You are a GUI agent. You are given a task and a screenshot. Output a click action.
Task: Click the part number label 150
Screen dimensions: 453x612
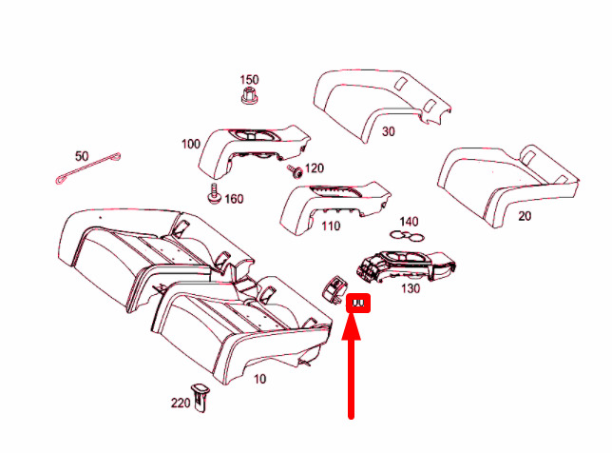point(249,79)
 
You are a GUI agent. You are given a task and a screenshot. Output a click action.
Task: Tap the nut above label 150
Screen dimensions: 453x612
point(250,98)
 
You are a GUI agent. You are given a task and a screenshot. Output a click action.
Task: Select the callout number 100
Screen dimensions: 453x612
point(190,145)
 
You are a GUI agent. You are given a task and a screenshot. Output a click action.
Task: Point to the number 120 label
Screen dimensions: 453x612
point(314,168)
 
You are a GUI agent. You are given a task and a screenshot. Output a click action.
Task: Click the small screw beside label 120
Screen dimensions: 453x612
point(295,171)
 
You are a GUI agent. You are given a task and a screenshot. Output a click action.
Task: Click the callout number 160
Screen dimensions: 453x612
point(234,199)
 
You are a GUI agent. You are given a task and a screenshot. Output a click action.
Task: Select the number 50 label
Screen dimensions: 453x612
point(82,155)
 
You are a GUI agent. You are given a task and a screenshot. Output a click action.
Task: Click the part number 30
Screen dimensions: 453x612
point(388,132)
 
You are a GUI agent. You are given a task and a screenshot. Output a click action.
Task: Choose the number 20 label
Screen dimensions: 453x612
point(525,216)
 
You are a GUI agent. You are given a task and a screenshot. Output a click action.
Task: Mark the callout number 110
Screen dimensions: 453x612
point(331,226)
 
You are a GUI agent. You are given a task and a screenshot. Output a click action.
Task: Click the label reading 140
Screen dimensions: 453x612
point(408,221)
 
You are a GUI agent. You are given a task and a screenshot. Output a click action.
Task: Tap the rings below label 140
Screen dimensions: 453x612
point(406,236)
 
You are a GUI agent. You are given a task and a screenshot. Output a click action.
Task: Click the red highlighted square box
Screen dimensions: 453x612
point(360,304)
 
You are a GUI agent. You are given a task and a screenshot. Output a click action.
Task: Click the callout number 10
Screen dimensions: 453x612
point(259,379)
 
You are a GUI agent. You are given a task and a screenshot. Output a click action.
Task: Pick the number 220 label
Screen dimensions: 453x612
point(181,403)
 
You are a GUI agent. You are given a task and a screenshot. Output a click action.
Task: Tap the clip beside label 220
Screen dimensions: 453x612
point(201,397)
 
